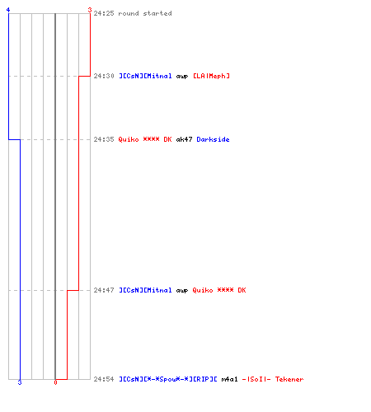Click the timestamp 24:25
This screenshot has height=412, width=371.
click(104, 13)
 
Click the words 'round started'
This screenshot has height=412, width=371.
click(145, 13)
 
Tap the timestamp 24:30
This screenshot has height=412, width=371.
click(104, 76)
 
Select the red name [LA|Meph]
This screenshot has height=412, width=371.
click(211, 76)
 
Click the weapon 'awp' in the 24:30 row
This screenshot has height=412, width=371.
click(182, 77)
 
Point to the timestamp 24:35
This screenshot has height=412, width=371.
click(104, 139)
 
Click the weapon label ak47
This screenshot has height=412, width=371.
click(184, 139)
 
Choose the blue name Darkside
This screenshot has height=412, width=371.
click(213, 139)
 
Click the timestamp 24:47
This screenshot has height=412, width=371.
click(104, 290)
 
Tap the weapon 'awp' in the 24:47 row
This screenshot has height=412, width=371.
click(182, 291)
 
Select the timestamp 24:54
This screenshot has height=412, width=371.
click(104, 379)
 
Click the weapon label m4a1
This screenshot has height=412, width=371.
click(229, 379)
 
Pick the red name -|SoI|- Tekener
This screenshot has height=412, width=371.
click(273, 379)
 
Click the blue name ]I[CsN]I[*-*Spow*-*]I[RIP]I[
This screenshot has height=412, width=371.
click(168, 379)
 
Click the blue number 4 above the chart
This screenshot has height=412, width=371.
click(8, 10)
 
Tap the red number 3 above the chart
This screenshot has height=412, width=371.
click(90, 10)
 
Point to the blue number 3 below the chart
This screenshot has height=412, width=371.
click(20, 382)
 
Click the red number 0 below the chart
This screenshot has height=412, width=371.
click(55, 382)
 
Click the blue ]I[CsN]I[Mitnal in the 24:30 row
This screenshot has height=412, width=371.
click(145, 76)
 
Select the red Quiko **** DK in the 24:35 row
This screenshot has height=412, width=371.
click(145, 139)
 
